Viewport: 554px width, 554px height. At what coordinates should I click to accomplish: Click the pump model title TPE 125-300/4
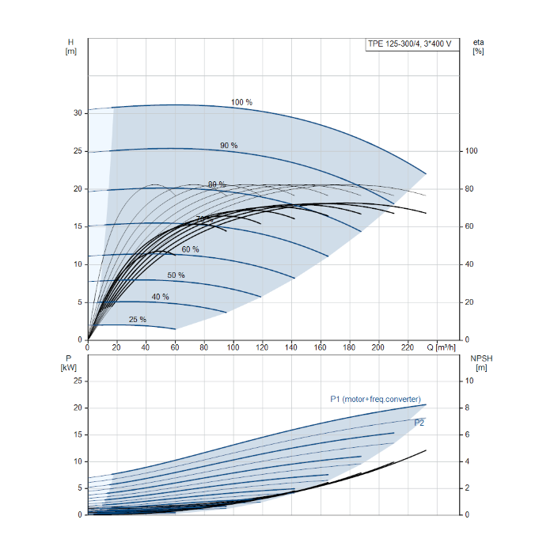click(409, 44)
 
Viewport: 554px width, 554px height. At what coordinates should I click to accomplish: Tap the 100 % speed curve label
click(241, 103)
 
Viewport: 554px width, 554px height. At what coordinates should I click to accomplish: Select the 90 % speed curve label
click(229, 146)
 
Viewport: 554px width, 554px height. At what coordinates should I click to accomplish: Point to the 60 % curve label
click(190, 249)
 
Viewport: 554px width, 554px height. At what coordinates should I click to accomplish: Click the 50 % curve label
click(176, 275)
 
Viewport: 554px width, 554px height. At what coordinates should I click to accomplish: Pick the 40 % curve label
click(160, 297)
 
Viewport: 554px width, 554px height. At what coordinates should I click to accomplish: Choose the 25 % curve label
click(137, 320)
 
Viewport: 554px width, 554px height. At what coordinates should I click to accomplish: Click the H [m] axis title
click(70, 46)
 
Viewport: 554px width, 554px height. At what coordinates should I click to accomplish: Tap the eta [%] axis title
click(477, 46)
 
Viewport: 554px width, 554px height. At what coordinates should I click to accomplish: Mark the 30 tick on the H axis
click(78, 113)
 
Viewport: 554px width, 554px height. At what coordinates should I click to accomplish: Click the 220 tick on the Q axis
click(408, 347)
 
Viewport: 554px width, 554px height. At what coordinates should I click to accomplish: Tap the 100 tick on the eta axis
click(471, 151)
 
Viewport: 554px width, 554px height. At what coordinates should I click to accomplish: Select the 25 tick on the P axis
click(78, 381)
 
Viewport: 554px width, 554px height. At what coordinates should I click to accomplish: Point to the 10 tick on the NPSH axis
click(469, 381)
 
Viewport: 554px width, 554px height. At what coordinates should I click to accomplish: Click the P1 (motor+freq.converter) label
click(375, 399)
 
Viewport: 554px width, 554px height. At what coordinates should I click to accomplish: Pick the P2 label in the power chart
click(419, 423)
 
